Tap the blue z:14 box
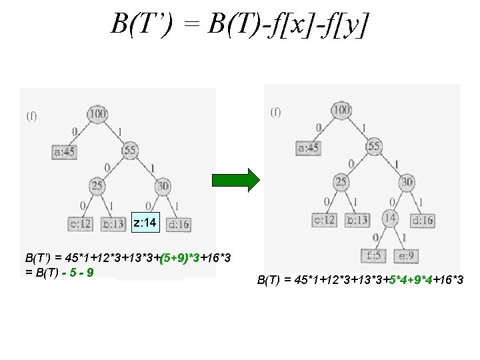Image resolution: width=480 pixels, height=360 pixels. pyautogui.click(x=145, y=221)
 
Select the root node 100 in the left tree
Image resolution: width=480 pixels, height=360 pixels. pyautogui.click(x=97, y=115)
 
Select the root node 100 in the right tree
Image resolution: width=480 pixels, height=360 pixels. pyautogui.click(x=341, y=110)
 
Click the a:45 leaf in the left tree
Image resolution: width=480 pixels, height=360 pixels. pyautogui.click(x=65, y=152)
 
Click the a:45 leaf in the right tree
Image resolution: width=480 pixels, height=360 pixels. pyautogui.click(x=308, y=147)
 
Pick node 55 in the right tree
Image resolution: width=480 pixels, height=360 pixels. pyautogui.click(x=374, y=146)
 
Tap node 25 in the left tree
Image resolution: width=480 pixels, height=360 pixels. pyautogui.click(x=97, y=186)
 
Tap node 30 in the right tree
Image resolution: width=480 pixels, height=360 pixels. pyautogui.click(x=407, y=181)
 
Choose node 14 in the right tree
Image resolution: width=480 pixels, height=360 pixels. pyautogui.click(x=389, y=217)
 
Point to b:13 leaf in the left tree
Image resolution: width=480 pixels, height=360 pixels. pyautogui.click(x=113, y=223)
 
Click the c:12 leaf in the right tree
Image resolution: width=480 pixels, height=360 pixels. pyautogui.click(x=325, y=219)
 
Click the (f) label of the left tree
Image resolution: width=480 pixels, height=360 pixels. pyautogui.click(x=31, y=116)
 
